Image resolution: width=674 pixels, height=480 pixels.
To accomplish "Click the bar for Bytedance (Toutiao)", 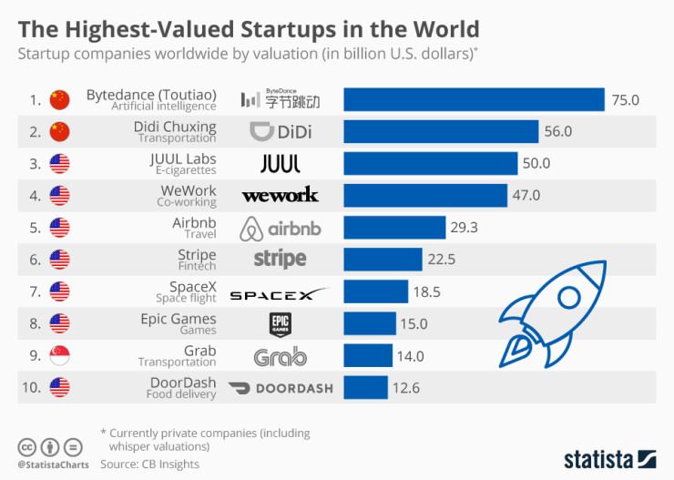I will coord(474,99).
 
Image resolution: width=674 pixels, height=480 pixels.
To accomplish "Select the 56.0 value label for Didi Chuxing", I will coord(558,132).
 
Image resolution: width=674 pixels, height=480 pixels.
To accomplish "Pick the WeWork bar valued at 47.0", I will coord(425,195).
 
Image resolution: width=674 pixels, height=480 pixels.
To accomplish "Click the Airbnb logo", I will coord(280,228).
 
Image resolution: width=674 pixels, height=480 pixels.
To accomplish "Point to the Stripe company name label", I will coord(198,254).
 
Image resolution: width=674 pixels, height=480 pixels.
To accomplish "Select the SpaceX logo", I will coord(279,293).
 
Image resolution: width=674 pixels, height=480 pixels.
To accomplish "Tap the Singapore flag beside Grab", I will coord(59,356).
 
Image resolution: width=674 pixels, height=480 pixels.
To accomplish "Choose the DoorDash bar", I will coord(365,387).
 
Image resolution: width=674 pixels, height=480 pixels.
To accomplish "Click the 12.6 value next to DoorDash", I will coord(405,388).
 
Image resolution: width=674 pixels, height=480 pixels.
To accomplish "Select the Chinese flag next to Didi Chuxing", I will coord(59,132).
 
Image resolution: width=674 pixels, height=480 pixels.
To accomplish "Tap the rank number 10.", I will coord(32,387).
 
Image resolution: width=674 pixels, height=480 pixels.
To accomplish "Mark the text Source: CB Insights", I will coord(149,465).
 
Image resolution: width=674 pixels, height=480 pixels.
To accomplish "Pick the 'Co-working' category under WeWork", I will coord(186,202).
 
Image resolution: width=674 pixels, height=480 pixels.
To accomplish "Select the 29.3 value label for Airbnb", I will coord(464,228).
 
